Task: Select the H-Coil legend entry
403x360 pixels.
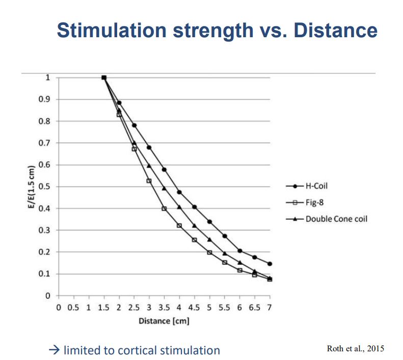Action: pyautogui.click(x=316, y=186)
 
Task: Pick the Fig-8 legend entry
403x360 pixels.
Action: pyautogui.click(x=314, y=202)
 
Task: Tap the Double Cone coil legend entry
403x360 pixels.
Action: pyautogui.click(x=336, y=219)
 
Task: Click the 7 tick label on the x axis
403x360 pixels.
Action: pyautogui.click(x=269, y=308)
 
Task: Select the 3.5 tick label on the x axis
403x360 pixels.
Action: pyautogui.click(x=164, y=308)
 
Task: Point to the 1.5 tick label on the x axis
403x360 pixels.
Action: pyautogui.click(x=103, y=308)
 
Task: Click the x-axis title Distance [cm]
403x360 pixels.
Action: pyautogui.click(x=164, y=321)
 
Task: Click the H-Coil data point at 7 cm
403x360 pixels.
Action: pyautogui.click(x=270, y=264)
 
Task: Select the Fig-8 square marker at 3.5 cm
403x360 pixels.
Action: pyautogui.click(x=164, y=209)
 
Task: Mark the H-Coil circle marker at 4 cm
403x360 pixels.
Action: pyautogui.click(x=179, y=192)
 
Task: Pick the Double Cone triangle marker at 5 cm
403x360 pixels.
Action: pyautogui.click(x=209, y=239)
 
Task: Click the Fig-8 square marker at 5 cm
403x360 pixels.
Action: pyautogui.click(x=209, y=252)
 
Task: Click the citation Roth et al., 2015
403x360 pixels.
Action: pyautogui.click(x=355, y=348)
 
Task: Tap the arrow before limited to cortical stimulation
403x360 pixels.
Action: pyautogui.click(x=55, y=350)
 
